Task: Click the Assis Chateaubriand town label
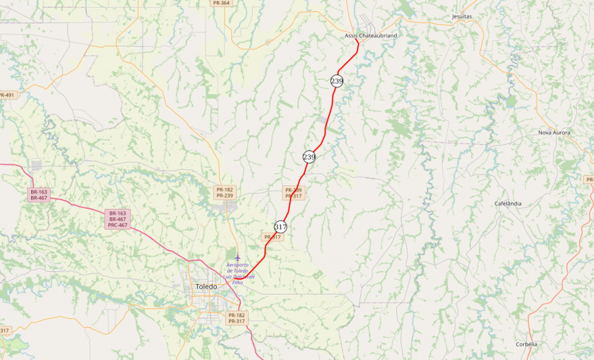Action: coord(371,36)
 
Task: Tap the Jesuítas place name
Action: coord(462,16)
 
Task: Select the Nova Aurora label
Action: coord(554,132)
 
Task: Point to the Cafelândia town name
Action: coord(508,203)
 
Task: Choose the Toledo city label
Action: coord(206,286)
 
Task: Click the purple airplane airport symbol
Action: coord(237,258)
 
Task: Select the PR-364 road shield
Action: coord(221,3)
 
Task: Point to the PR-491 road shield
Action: coord(6,95)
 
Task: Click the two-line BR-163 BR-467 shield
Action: coord(38,195)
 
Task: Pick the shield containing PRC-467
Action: coord(118,219)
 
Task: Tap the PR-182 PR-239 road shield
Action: coord(224,193)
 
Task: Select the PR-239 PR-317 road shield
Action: coord(293,193)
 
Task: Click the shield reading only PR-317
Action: coord(273,237)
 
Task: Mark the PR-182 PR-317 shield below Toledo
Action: coord(236,318)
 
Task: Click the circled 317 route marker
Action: coord(280,227)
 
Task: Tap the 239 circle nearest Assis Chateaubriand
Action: coord(336,81)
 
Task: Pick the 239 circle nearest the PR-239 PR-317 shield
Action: coord(309,157)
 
